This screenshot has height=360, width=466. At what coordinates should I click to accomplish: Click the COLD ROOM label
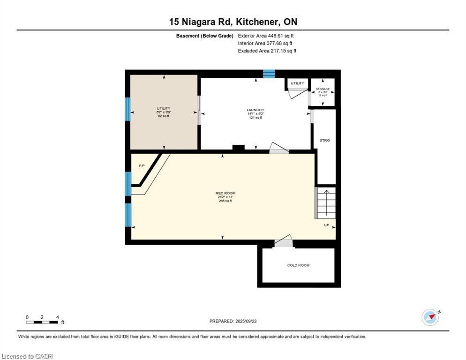click(298, 265)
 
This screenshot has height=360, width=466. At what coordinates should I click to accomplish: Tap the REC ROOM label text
click(225, 193)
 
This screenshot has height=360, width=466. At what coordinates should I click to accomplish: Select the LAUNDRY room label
click(256, 110)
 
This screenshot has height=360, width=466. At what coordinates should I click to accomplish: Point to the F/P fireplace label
click(142, 166)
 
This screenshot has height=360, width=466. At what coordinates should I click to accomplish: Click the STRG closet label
click(324, 140)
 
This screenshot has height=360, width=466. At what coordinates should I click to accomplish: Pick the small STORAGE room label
click(323, 89)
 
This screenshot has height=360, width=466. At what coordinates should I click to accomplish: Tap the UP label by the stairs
click(326, 225)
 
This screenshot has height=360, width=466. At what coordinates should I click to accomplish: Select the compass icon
click(430, 317)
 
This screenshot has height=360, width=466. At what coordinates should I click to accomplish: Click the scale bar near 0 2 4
click(42, 322)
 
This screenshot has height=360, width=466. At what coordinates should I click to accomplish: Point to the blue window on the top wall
click(269, 73)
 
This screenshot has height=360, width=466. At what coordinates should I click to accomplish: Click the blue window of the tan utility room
click(127, 109)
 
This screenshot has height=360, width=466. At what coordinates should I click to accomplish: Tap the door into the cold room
click(283, 243)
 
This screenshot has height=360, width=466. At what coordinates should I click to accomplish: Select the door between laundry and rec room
click(278, 149)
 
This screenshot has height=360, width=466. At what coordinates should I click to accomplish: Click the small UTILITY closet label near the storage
click(297, 83)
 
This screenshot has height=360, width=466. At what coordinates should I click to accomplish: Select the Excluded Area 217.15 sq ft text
click(267, 51)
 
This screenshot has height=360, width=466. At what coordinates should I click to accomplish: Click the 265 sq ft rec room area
click(225, 201)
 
